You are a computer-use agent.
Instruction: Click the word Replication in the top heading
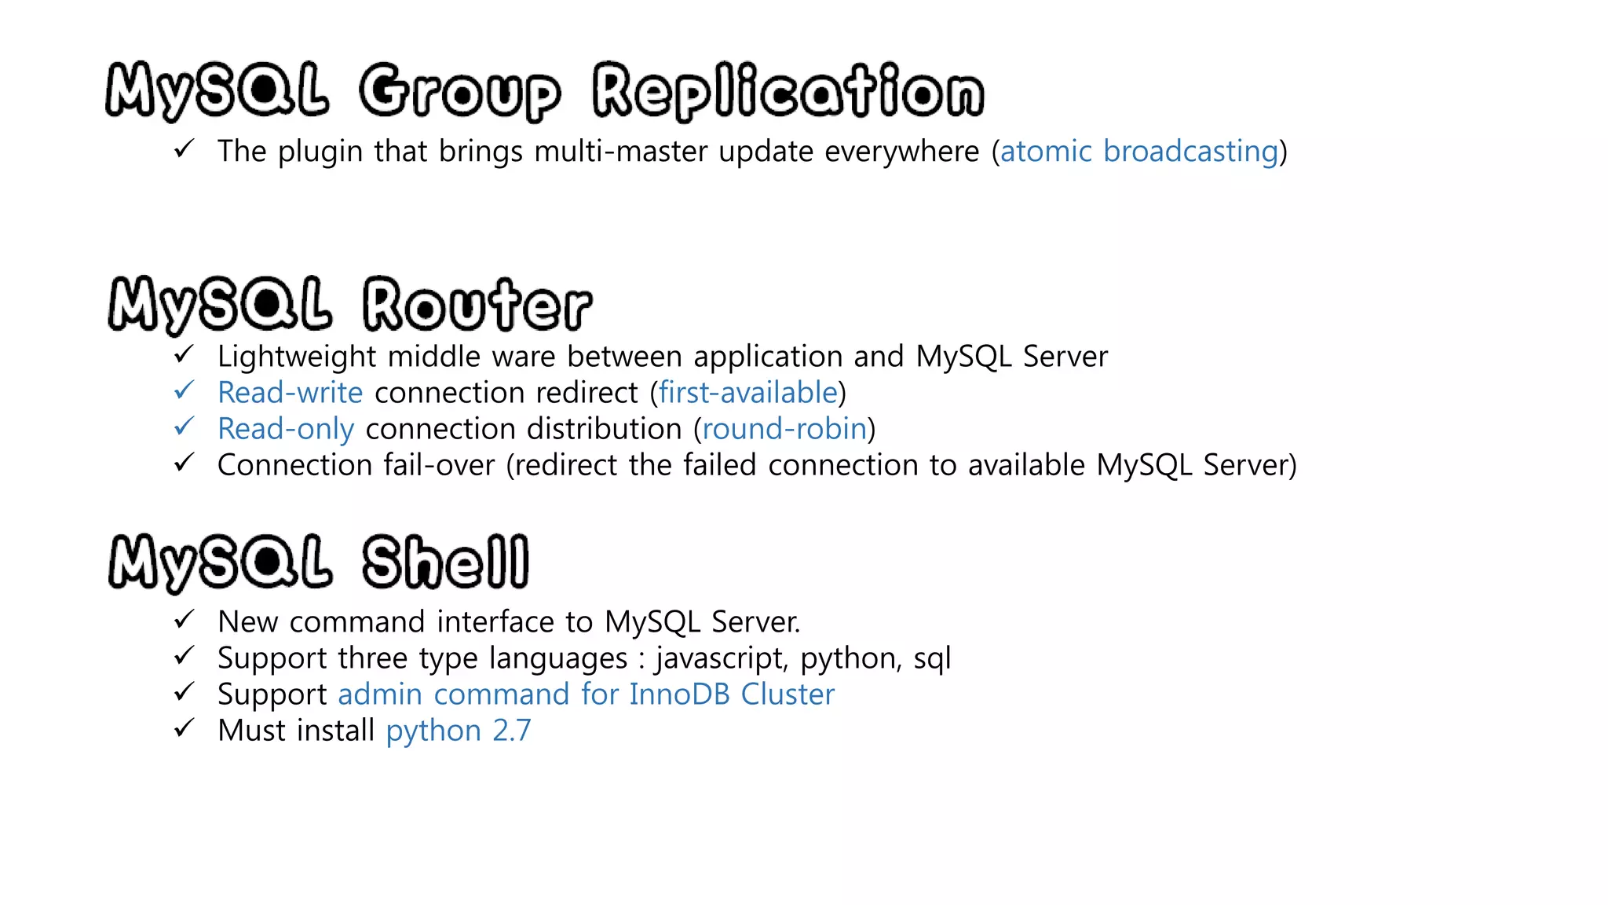pyautogui.click(x=788, y=92)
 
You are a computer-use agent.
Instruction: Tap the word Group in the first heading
pyautogui.click(x=460, y=92)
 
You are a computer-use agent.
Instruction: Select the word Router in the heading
pyautogui.click(x=477, y=305)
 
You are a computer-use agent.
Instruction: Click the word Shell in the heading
pyautogui.click(x=445, y=562)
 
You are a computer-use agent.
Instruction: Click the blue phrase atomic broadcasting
pyautogui.click(x=1139, y=151)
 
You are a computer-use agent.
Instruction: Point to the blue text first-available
pyautogui.click(x=747, y=392)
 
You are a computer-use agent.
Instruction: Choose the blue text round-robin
pyautogui.click(x=784, y=428)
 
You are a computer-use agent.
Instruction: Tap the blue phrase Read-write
pyautogui.click(x=290, y=392)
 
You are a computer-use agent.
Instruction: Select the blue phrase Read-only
pyautogui.click(x=286, y=429)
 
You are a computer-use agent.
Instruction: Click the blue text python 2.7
pyautogui.click(x=459, y=731)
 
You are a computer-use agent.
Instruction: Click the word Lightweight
pyautogui.click(x=297, y=357)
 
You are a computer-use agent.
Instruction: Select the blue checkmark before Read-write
pyautogui.click(x=184, y=390)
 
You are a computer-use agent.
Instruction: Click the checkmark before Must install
pyautogui.click(x=184, y=728)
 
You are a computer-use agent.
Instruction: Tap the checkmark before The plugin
pyautogui.click(x=184, y=148)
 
